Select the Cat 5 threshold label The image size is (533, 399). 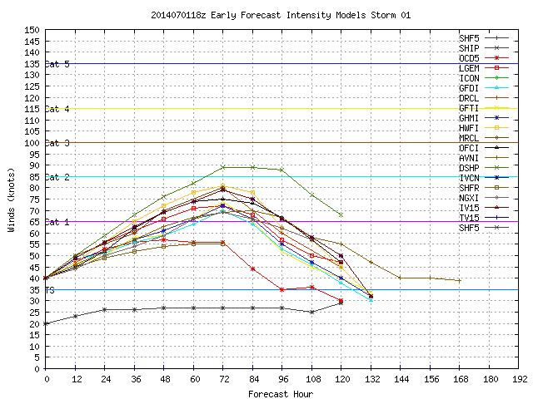click(x=57, y=64)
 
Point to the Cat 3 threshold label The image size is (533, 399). click(x=57, y=143)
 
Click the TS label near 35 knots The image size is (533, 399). click(x=50, y=290)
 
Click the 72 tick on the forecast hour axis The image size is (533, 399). click(x=223, y=378)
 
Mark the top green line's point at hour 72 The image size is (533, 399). click(x=223, y=167)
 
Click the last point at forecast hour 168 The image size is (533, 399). click(x=459, y=281)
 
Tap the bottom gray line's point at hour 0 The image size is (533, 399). click(x=46, y=323)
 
